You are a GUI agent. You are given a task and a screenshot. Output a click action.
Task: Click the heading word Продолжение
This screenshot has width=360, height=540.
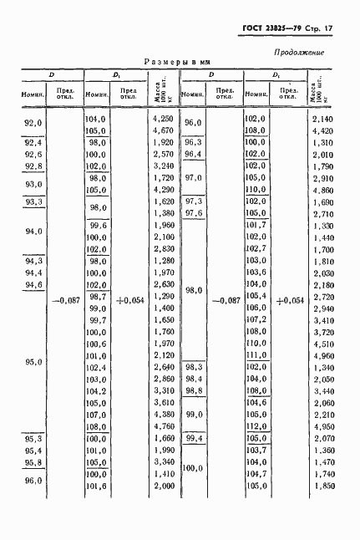tap(300, 53)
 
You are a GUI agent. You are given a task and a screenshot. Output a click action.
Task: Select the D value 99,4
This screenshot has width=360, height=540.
tap(194, 437)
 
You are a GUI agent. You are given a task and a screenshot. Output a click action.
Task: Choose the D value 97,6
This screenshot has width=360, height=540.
tap(194, 213)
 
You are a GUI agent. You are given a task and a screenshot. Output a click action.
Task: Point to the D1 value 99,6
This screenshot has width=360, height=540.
tap(98, 226)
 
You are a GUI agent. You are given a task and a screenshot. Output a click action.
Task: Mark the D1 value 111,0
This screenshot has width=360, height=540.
tap(255, 355)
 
